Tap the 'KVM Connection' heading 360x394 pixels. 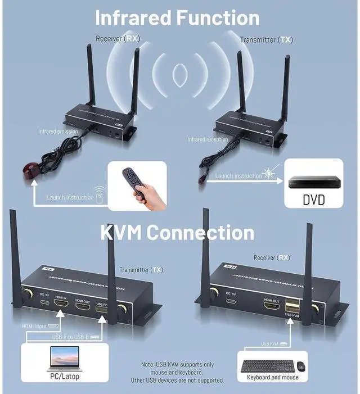click(x=177, y=232)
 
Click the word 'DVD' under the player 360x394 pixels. click(x=313, y=200)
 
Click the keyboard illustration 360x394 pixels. click(x=267, y=365)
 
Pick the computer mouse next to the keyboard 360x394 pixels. click(x=301, y=366)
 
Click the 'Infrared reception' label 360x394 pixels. click(x=208, y=139)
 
